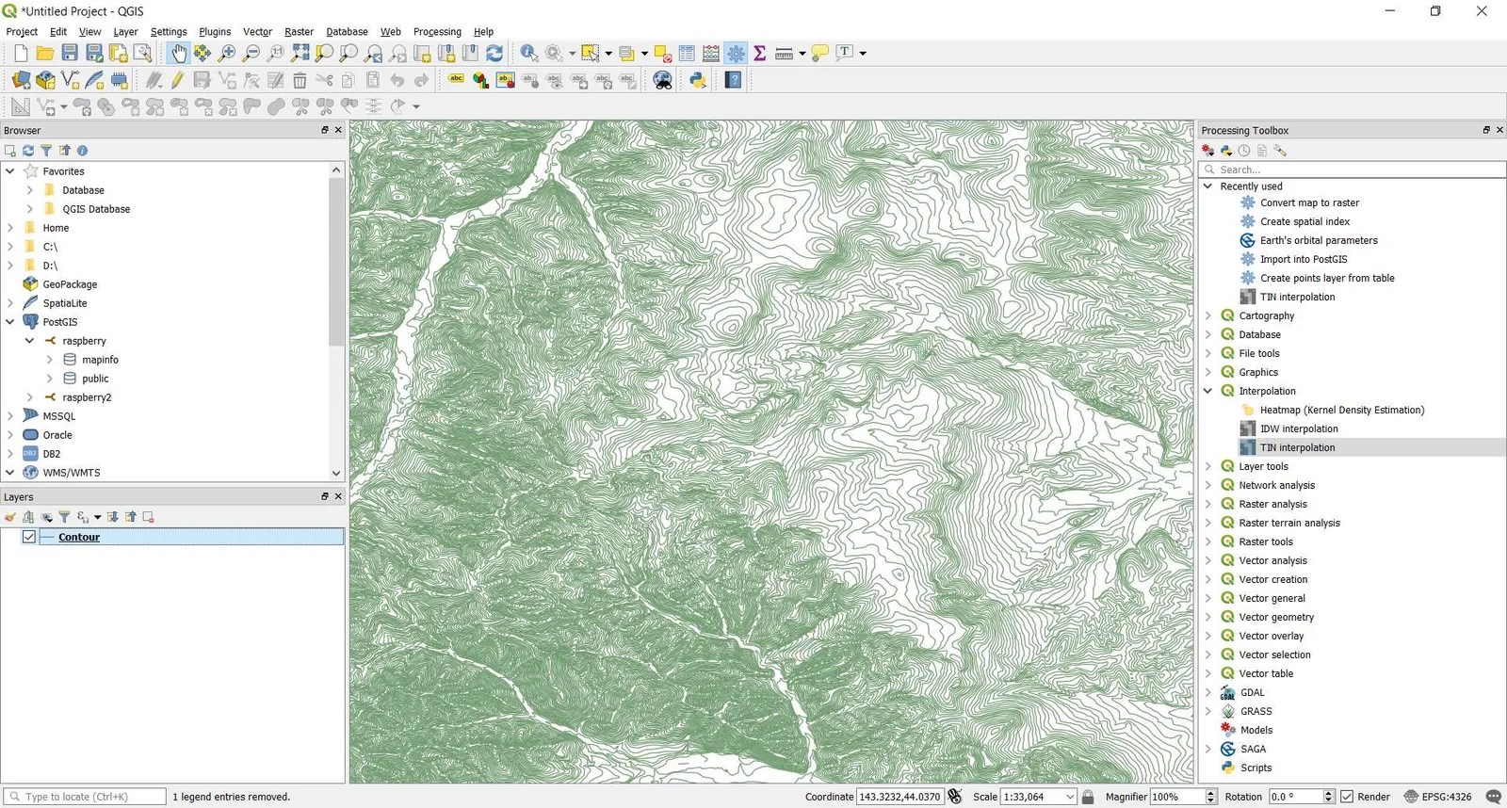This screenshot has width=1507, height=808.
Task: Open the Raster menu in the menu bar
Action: coord(299,31)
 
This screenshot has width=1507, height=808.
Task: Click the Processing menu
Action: coord(437,31)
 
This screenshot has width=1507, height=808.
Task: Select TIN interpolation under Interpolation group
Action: coord(1297,447)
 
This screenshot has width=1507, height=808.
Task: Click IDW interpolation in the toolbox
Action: coord(1298,428)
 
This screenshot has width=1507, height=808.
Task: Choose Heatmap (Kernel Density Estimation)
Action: coord(1341,410)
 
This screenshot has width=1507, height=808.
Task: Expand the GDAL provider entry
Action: coord(1208,692)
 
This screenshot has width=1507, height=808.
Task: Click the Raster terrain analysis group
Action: coord(1288,523)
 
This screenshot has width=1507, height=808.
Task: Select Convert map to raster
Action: coord(1309,202)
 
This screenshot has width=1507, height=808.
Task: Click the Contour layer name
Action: coord(79,537)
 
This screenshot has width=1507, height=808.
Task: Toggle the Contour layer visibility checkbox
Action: coord(29,537)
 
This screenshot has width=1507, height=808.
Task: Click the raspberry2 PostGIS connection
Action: coord(87,397)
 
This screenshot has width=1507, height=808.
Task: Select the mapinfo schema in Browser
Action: coord(100,360)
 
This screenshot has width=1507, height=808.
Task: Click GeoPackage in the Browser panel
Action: coord(70,284)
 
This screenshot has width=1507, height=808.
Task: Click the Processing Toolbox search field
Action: coord(1356,170)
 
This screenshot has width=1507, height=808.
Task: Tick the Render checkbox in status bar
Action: coord(1347,797)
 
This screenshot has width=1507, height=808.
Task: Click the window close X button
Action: coord(1482,11)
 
